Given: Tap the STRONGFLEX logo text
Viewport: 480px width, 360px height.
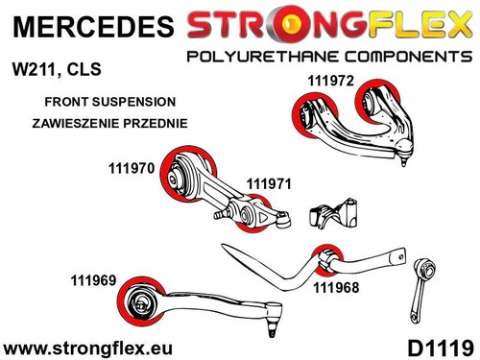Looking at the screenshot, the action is [327, 23].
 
